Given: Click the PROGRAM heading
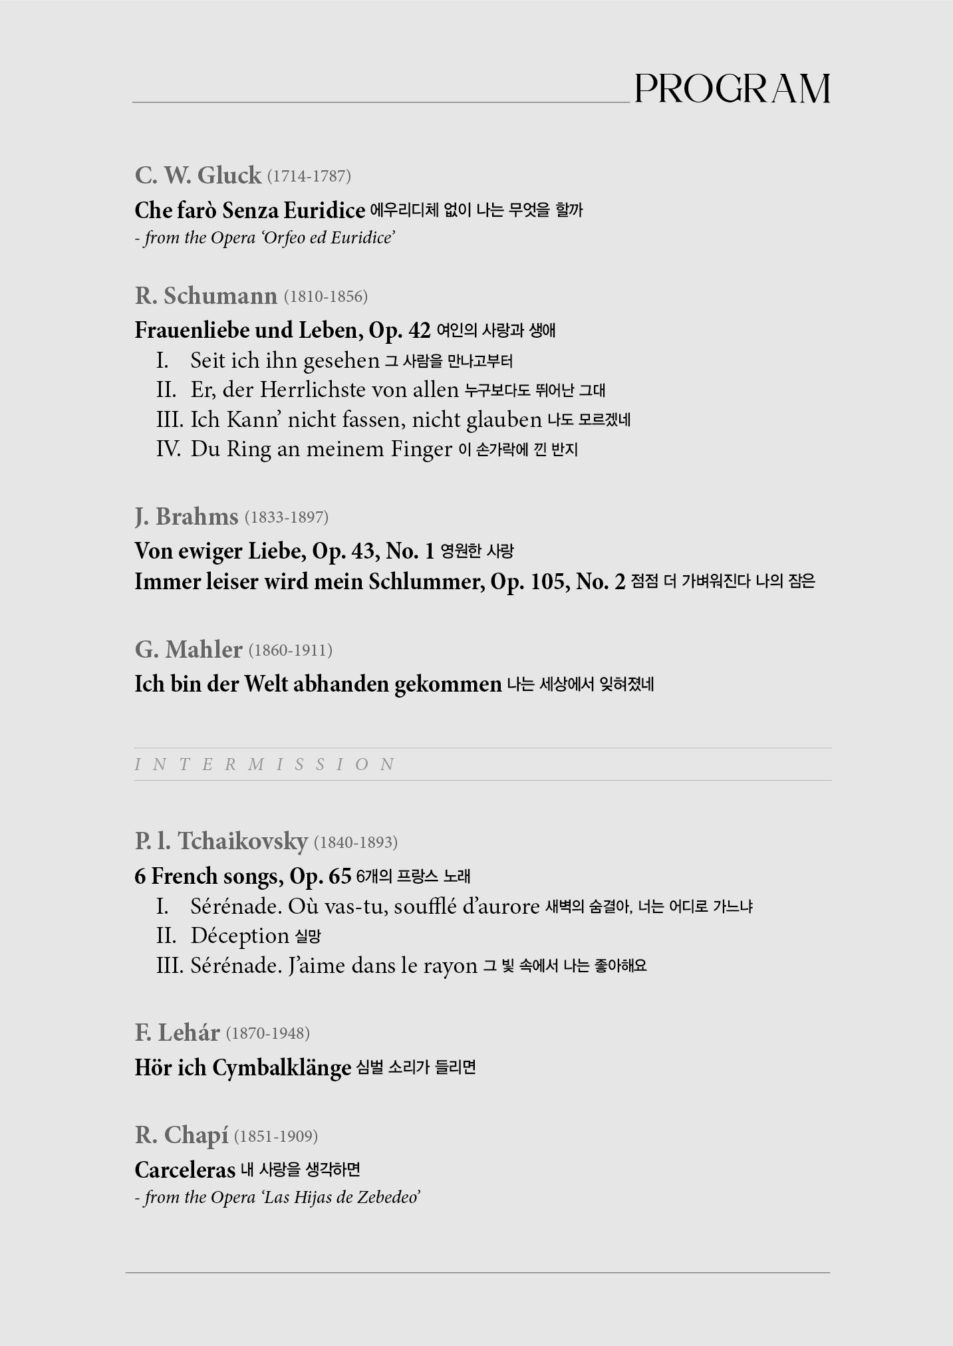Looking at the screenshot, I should pyautogui.click(x=732, y=88).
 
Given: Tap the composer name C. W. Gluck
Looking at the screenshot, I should pyautogui.click(x=198, y=176).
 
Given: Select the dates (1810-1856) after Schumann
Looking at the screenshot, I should pyautogui.click(x=325, y=297).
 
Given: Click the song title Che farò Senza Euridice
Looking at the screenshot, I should pyautogui.click(x=249, y=210).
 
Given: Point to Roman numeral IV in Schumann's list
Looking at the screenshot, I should pyautogui.click(x=168, y=449).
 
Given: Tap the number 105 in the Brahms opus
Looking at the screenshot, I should pyautogui.click(x=549, y=582).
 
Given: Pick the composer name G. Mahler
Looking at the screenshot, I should pyautogui.click(x=188, y=650).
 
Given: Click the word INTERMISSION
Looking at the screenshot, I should pyautogui.click(x=265, y=764).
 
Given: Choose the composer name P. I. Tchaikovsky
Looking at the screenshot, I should pyautogui.click(x=221, y=842).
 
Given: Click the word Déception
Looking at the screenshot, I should pyautogui.click(x=239, y=936).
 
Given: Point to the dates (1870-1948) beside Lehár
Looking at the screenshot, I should pyautogui.click(x=267, y=1033).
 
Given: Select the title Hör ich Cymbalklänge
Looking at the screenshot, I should pyautogui.click(x=243, y=1068).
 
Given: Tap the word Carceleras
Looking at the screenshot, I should pyautogui.click(x=185, y=1170).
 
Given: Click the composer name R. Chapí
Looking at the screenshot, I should pyautogui.click(x=181, y=1135).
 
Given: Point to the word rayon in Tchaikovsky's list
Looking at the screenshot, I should pyautogui.click(x=450, y=966).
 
